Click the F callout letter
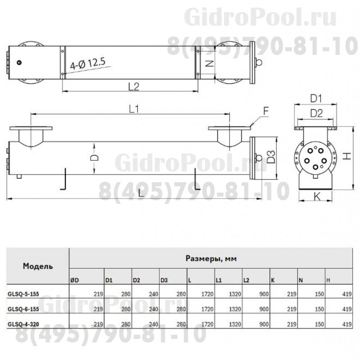pos(266,109)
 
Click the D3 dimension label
pos(270,157)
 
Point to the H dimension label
pos(347,155)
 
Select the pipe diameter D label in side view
pos(94,157)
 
